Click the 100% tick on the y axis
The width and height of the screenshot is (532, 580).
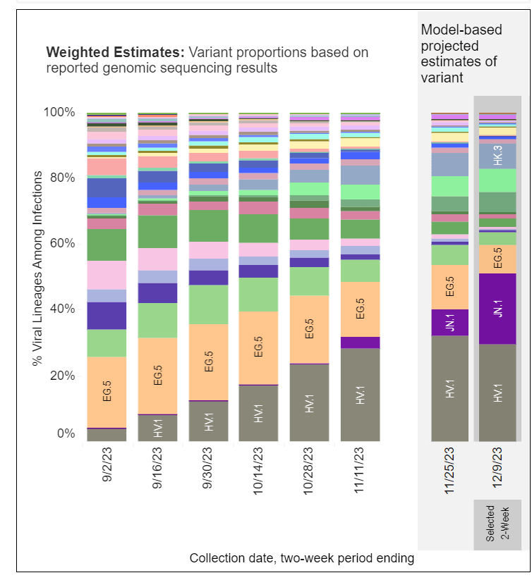60,112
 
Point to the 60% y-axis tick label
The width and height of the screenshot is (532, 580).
62,244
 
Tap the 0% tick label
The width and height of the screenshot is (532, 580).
66,433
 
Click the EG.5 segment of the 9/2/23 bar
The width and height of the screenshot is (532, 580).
107,392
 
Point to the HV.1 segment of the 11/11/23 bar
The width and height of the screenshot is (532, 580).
361,395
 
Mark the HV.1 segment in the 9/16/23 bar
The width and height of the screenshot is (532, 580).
157,428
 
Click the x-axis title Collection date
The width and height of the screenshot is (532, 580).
301,558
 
